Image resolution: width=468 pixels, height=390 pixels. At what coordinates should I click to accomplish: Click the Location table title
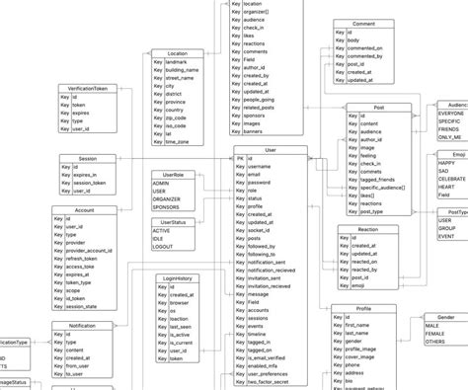(x=178, y=53)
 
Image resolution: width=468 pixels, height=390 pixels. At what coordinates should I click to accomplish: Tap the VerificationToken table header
(x=88, y=88)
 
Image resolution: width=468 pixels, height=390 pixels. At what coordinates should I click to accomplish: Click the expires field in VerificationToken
(x=84, y=113)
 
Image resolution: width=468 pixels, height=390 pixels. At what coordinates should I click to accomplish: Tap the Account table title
(x=85, y=210)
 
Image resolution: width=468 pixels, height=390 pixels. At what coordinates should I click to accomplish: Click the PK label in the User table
(x=240, y=159)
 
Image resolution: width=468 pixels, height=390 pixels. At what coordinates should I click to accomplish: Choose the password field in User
(x=261, y=183)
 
